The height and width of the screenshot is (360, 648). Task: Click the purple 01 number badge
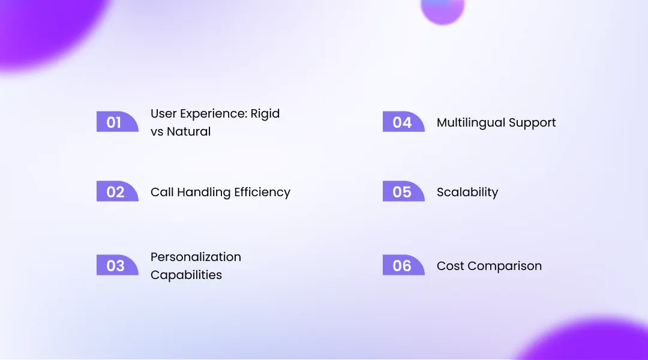coord(116,122)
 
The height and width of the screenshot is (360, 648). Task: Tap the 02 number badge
coord(116,192)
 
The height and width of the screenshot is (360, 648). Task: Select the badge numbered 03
coord(116,265)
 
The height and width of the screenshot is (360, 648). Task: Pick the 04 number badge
coord(403,122)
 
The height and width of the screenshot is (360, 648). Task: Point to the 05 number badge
coord(403,192)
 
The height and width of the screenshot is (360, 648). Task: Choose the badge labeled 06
coord(403,265)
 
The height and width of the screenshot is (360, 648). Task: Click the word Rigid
coord(265,113)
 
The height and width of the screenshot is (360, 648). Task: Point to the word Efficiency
coord(262,193)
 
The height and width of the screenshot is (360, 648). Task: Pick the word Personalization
coord(196,257)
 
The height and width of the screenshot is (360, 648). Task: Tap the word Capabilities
coord(186,275)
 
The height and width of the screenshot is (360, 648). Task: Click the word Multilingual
coord(470,123)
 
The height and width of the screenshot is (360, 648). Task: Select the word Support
coord(532,123)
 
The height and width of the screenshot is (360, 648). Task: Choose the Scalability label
coord(467,193)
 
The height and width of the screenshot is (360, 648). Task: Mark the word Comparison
coord(505,266)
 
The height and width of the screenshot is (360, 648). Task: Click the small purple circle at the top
coord(443,8)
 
